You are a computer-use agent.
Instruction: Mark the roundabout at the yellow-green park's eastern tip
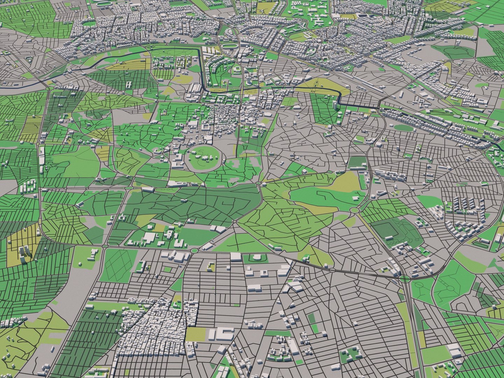click(x=354, y=210)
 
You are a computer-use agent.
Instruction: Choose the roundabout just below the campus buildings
click(x=195, y=251)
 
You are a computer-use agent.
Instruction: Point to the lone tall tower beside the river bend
click(x=336, y=105)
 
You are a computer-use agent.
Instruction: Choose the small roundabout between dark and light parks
click(x=259, y=183)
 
